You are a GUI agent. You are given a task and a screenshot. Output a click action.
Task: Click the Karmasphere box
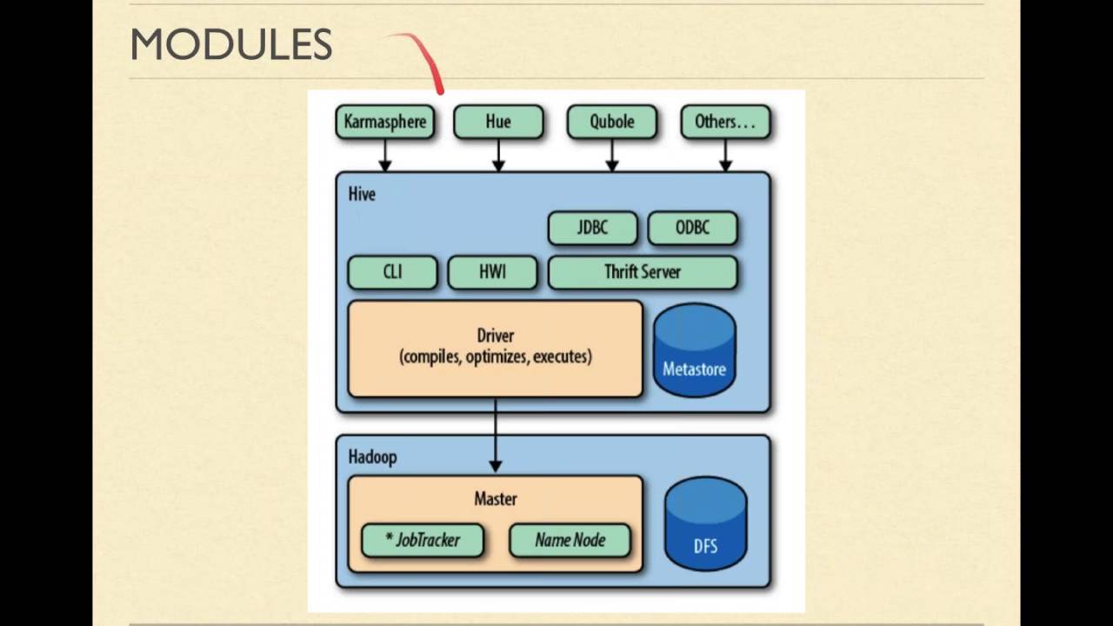tap(385, 122)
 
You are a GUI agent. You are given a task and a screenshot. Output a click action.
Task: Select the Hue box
tap(498, 122)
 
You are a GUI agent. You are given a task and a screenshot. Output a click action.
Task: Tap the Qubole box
tap(611, 122)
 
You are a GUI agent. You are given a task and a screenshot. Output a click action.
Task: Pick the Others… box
tap(725, 122)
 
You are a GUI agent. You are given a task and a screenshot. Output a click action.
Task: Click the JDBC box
tap(592, 228)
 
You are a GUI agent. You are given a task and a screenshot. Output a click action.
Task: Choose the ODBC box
tap(692, 228)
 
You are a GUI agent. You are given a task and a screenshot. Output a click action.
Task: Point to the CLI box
tap(392, 271)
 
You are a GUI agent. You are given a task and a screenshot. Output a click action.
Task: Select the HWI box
tap(492, 271)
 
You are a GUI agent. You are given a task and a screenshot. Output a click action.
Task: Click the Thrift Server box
tap(643, 271)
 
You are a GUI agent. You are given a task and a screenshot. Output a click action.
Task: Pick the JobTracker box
tap(422, 540)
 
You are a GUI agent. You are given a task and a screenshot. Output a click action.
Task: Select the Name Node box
tap(570, 540)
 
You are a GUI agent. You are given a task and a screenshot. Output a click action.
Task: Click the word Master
tap(496, 499)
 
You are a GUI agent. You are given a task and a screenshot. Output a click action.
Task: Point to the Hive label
tap(362, 194)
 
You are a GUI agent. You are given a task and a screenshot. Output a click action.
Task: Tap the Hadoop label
tap(372, 456)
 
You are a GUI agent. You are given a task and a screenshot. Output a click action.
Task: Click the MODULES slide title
tap(231, 45)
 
